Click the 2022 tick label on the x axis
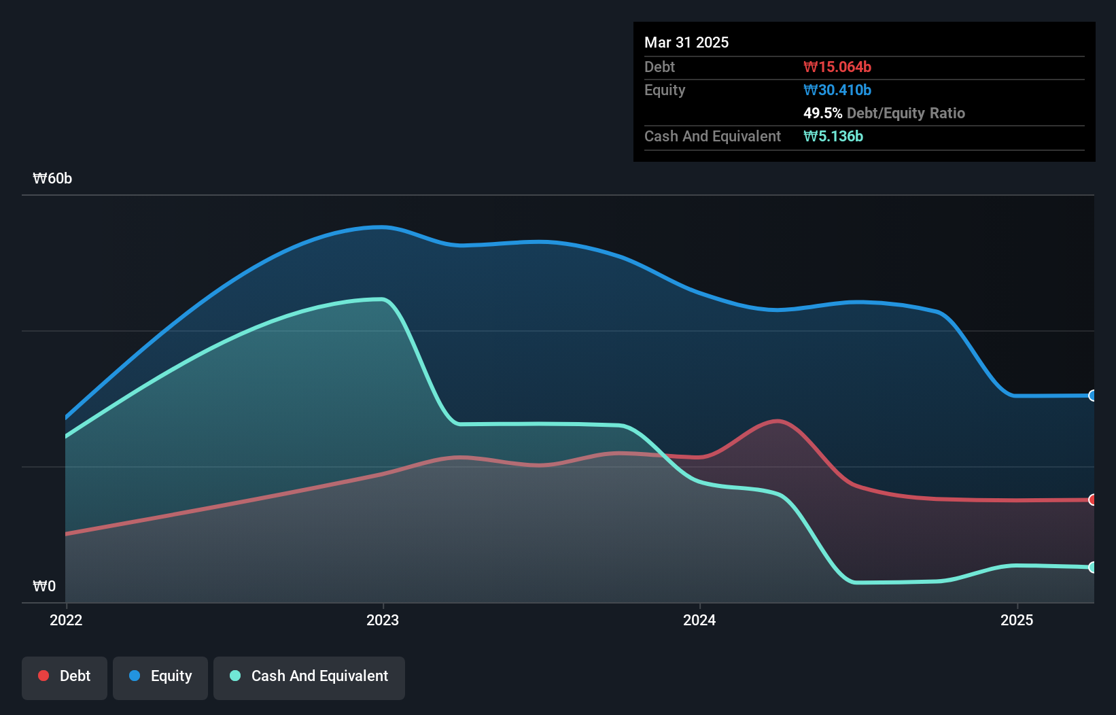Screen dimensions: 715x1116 tap(66, 620)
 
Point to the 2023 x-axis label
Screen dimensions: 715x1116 tap(383, 620)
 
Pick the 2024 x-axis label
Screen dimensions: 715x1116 tap(699, 620)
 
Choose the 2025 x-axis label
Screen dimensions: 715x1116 tap(1017, 620)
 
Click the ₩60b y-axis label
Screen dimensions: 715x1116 tap(52, 179)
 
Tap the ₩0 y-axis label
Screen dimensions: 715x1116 tap(44, 586)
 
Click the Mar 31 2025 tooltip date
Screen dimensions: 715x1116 tap(686, 42)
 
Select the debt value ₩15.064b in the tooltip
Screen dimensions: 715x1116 tap(837, 67)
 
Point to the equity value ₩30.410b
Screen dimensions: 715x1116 tap(837, 90)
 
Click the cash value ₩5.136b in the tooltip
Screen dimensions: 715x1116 tap(833, 136)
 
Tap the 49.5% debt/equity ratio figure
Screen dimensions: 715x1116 tap(823, 113)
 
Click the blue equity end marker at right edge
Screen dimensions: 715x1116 tap(1092, 396)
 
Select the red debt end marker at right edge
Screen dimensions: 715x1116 tap(1092, 500)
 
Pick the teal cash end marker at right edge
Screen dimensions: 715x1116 tap(1092, 567)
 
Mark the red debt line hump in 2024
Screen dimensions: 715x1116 tap(778, 421)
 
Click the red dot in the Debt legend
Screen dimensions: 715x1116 tap(43, 676)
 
